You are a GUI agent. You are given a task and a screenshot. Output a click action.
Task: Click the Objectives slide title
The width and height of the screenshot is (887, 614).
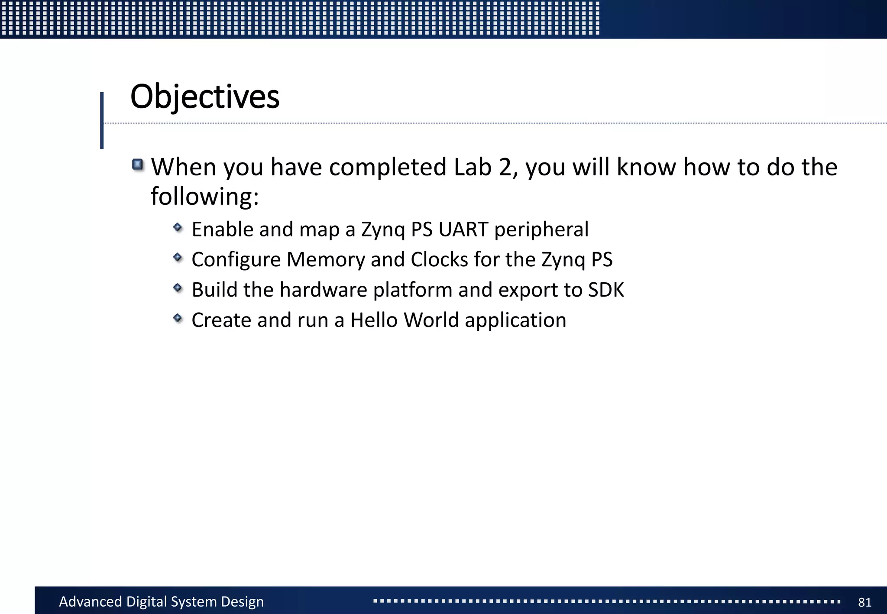(204, 97)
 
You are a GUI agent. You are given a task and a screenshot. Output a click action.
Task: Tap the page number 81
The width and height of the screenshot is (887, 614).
(864, 602)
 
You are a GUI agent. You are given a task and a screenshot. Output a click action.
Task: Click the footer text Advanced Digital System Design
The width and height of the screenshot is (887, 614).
(161, 601)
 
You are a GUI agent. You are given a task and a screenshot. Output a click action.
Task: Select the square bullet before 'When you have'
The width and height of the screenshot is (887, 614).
(138, 165)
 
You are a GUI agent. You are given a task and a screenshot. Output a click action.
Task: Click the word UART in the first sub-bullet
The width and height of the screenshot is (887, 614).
(463, 229)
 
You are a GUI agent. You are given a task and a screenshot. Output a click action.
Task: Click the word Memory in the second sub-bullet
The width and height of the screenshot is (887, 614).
(326, 260)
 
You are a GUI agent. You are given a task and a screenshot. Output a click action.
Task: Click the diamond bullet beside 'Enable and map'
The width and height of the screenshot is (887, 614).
(178, 227)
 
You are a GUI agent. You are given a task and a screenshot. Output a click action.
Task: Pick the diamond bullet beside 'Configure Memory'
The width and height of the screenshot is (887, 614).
(178, 257)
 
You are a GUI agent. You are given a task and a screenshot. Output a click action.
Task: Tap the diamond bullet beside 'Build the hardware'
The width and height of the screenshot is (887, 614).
(178, 288)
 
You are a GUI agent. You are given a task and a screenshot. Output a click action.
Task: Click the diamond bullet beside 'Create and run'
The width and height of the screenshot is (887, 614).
(178, 318)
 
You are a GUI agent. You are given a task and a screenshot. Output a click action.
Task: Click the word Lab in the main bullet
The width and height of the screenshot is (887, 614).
(473, 167)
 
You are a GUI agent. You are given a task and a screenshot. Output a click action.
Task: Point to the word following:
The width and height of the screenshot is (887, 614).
(204, 197)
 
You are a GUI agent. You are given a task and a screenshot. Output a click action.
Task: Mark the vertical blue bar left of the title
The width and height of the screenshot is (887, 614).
(102, 120)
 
